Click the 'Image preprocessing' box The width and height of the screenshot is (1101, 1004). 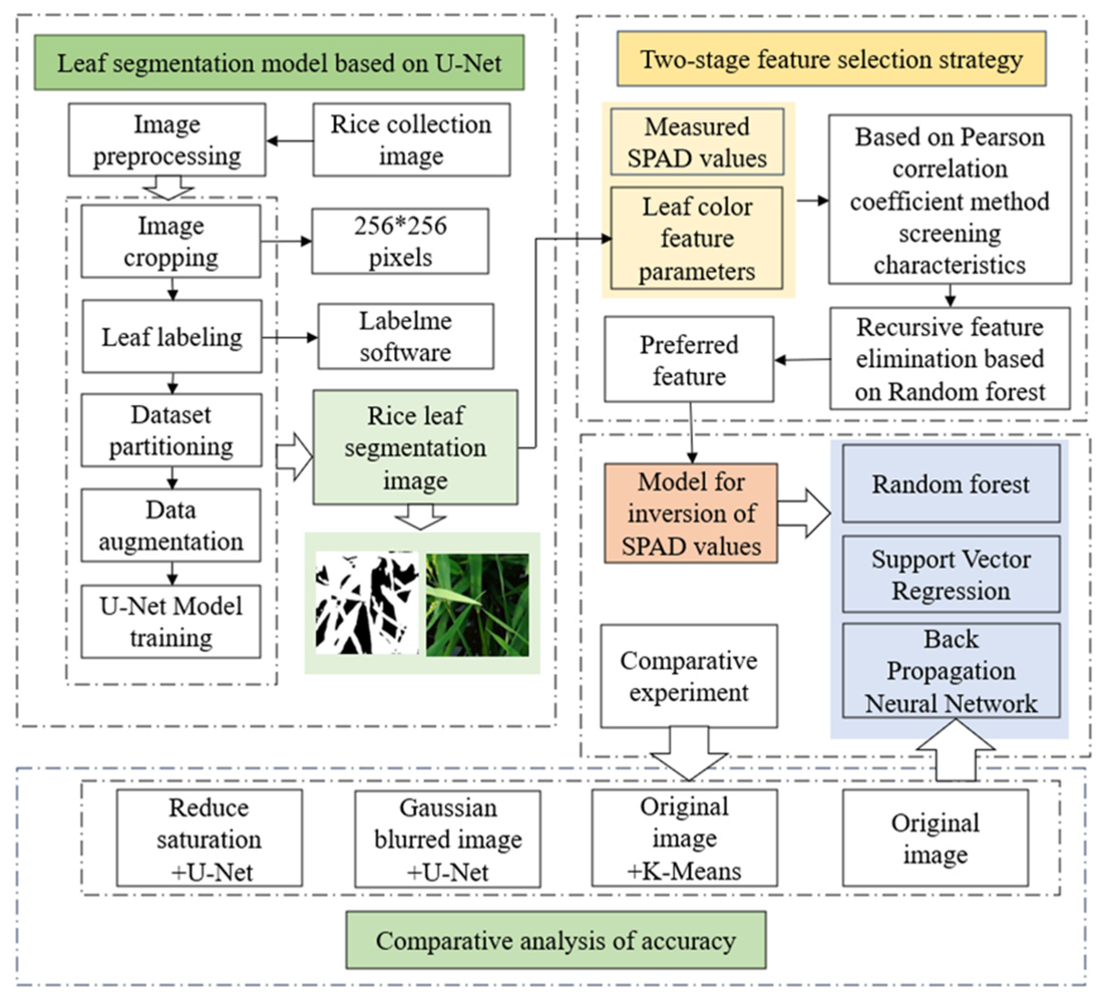point(167,140)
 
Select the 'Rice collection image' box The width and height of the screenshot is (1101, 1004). point(411,140)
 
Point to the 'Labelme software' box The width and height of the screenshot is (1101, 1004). point(406,337)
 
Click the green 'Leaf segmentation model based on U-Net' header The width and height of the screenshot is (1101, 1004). point(279,63)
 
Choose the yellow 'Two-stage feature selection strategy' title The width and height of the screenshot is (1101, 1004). point(831,59)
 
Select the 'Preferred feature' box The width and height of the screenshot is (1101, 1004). point(689,360)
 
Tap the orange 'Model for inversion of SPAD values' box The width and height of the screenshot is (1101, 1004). point(691,514)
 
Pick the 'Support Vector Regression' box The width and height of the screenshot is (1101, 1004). point(951,575)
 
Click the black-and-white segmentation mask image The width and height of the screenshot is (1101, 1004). point(366,603)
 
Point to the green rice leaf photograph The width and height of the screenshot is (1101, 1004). point(477,605)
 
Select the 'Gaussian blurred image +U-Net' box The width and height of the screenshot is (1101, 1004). point(448,839)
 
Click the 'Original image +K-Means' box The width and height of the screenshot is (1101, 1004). point(684,838)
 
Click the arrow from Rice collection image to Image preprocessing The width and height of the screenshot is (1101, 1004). point(289,141)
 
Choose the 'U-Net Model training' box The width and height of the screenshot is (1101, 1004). point(171,622)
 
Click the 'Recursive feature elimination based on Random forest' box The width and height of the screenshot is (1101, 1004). point(950,359)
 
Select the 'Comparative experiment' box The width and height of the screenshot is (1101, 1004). point(689,677)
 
